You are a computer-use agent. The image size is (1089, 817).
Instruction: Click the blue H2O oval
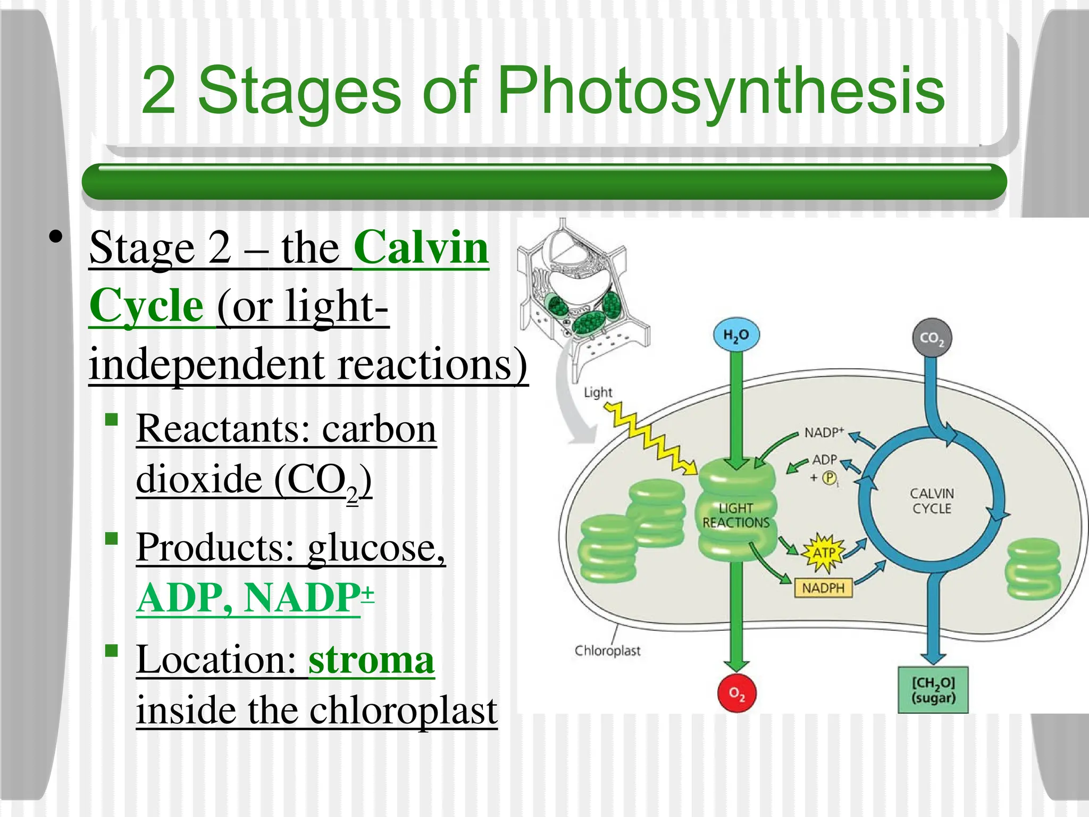pos(736,335)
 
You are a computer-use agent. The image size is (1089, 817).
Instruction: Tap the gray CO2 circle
pos(932,338)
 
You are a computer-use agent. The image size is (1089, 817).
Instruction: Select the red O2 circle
pos(736,693)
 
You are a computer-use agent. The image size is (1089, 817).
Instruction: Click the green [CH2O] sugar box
pos(933,690)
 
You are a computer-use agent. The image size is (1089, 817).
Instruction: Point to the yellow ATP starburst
pos(823,553)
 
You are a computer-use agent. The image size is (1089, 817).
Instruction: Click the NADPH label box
pos(823,588)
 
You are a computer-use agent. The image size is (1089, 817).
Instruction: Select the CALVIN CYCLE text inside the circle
pos(932,501)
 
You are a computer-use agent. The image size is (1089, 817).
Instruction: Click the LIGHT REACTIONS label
pos(736,515)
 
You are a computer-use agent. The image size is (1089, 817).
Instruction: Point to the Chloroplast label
pos(607,651)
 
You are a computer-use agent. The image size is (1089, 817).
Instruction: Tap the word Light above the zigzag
pos(598,393)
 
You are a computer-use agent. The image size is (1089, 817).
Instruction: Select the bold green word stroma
pos(371,660)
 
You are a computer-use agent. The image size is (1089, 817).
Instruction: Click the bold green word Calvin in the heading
pos(421,248)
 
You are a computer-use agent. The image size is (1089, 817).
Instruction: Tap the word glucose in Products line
pos(376,547)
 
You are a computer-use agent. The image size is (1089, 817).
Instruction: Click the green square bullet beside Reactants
pos(111,420)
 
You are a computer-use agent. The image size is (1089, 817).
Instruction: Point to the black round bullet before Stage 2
pos(55,237)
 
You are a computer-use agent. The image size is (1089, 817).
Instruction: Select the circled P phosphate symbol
pos(829,478)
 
